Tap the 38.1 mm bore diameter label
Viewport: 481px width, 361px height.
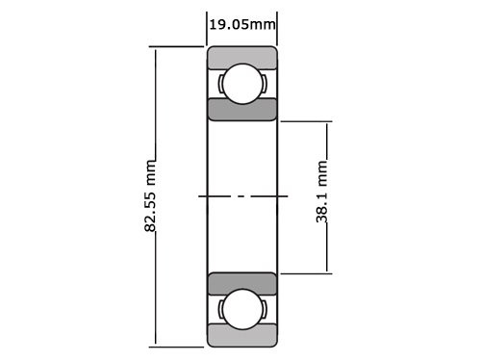pyautogui.click(x=323, y=197)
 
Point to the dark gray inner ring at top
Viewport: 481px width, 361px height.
pyautogui.click(x=242, y=109)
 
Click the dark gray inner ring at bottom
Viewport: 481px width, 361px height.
pyautogui.click(x=242, y=284)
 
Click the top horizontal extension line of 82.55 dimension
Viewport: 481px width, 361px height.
pyautogui.click(x=178, y=46)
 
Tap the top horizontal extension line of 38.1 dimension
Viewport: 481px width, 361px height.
pyautogui.click(x=306, y=121)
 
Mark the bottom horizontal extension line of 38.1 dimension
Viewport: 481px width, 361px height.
pyautogui.click(x=306, y=273)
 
